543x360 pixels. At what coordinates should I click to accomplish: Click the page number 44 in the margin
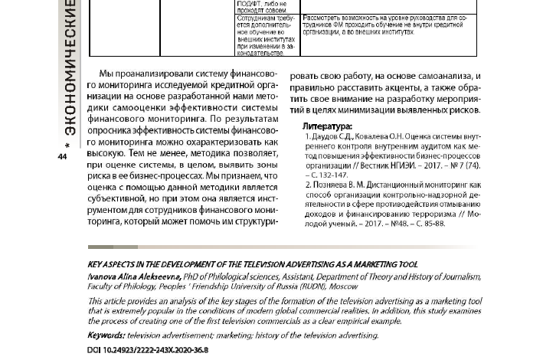(x=63, y=157)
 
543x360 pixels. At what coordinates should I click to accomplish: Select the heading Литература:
(x=327, y=126)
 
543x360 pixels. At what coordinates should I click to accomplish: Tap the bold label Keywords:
(x=106, y=335)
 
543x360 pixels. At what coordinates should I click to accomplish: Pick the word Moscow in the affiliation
(x=343, y=286)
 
